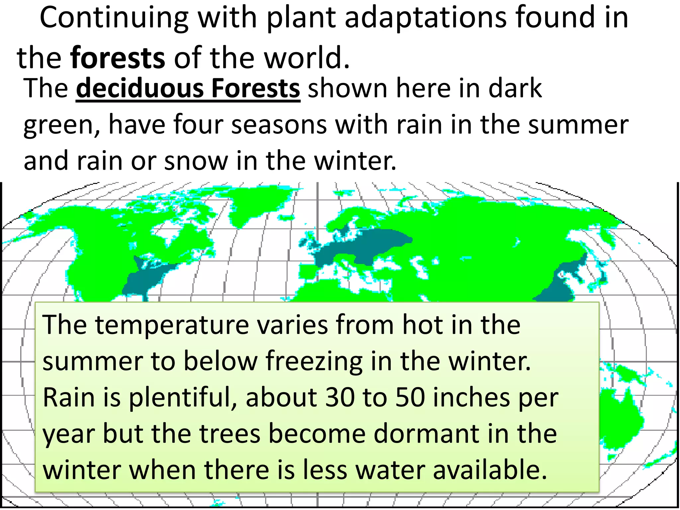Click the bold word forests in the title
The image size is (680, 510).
click(x=118, y=58)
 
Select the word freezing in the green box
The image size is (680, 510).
click(x=314, y=361)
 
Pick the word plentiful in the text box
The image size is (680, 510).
click(x=183, y=397)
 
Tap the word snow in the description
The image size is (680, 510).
click(x=196, y=160)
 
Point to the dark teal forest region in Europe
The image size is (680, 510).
click(x=365, y=246)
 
